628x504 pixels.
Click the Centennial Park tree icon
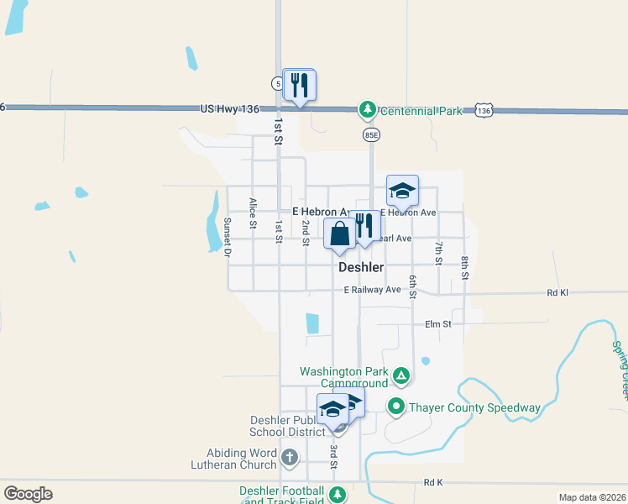(x=367, y=110)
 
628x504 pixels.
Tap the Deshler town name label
(x=361, y=267)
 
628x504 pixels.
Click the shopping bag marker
(x=339, y=234)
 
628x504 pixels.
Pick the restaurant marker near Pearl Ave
(x=364, y=227)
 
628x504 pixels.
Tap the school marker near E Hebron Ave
(x=402, y=192)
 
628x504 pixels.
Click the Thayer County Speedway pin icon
(x=396, y=407)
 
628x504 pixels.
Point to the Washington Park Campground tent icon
(x=402, y=375)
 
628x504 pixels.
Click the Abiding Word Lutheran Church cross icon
(x=290, y=458)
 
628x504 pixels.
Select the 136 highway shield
(x=483, y=110)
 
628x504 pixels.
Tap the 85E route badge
(x=371, y=134)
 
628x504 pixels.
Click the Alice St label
(x=252, y=213)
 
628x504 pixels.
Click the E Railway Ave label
(x=373, y=290)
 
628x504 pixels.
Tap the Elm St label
(x=438, y=323)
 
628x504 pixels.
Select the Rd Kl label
(x=557, y=293)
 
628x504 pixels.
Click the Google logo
(x=28, y=494)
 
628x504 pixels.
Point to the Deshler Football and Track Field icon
(x=338, y=495)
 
